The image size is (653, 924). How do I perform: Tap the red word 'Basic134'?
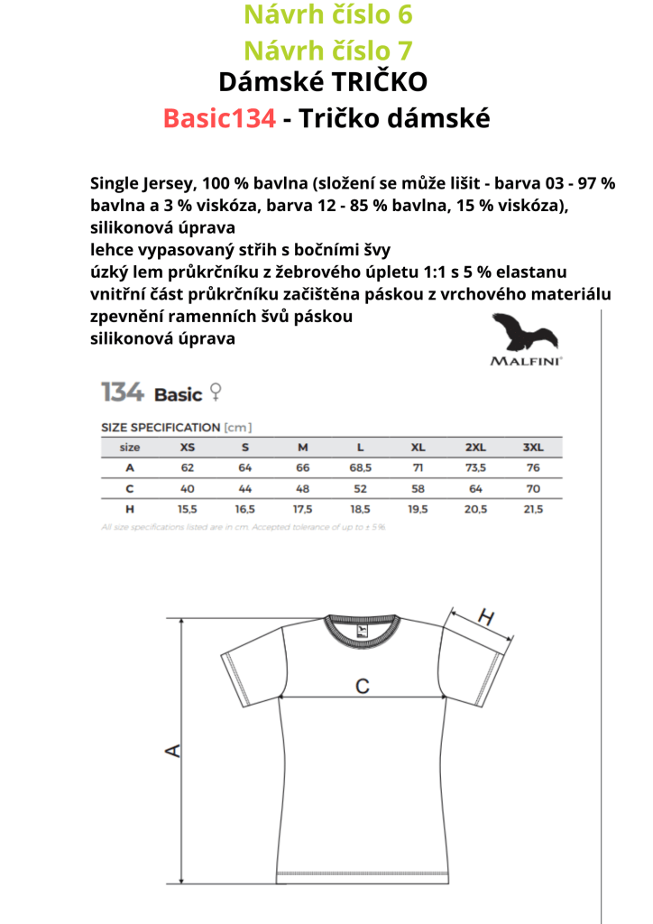[219, 117]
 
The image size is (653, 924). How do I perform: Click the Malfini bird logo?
[526, 333]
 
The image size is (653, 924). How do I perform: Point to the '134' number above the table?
[122, 393]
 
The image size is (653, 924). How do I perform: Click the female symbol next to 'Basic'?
[216, 392]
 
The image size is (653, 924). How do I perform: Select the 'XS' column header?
[188, 448]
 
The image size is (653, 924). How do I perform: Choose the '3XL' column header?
[533, 448]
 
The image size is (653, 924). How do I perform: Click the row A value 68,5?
[360, 467]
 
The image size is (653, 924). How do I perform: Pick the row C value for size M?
[303, 488]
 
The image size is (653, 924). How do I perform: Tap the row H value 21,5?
[533, 509]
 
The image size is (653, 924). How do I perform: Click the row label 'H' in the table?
[130, 509]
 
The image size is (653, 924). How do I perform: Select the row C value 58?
[418, 488]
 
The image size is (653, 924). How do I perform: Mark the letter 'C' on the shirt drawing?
[361, 687]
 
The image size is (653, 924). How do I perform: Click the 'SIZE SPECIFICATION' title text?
[160, 427]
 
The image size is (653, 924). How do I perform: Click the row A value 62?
[188, 467]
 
